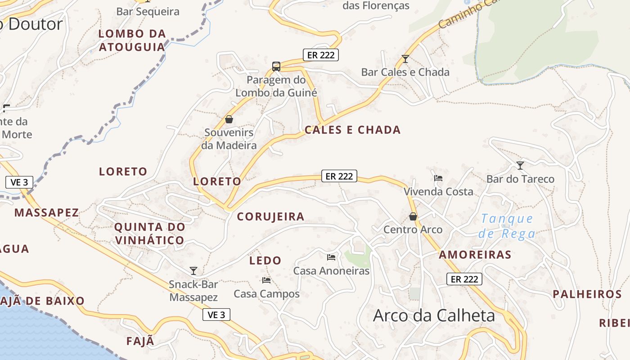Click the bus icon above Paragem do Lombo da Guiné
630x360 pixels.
(x=276, y=67)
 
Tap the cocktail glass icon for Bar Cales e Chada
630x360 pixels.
(x=405, y=59)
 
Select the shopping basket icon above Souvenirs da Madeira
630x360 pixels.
(x=229, y=119)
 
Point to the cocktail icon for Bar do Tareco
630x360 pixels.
(x=520, y=166)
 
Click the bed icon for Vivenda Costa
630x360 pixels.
(x=438, y=178)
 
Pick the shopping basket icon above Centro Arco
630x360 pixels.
(x=413, y=216)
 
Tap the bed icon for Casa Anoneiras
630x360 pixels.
(x=331, y=257)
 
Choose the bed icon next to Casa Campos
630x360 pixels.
(x=266, y=280)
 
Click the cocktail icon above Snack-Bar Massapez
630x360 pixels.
(x=193, y=270)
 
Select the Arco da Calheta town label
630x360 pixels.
(x=434, y=315)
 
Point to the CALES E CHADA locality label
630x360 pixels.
(x=352, y=130)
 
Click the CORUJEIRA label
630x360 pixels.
(x=271, y=216)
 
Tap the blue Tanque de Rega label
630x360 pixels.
(x=507, y=226)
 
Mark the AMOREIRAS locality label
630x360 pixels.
(x=475, y=255)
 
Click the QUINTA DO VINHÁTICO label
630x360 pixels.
(x=149, y=233)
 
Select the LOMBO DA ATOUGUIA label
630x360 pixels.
(x=132, y=40)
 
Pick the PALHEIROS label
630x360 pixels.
(x=587, y=294)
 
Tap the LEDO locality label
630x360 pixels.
(x=265, y=260)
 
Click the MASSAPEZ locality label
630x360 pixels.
(x=47, y=212)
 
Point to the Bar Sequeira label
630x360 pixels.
(x=148, y=12)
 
